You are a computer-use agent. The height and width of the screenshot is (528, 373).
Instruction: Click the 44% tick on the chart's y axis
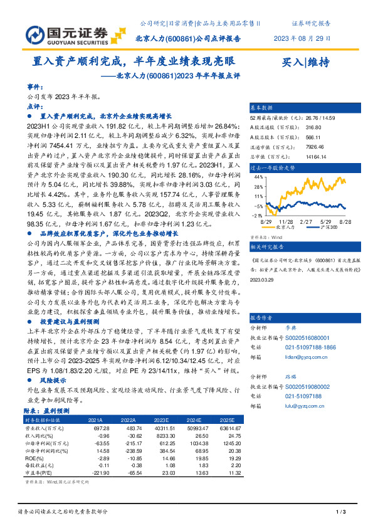tap(259, 177)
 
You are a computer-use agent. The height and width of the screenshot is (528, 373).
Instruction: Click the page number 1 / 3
tap(342, 512)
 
